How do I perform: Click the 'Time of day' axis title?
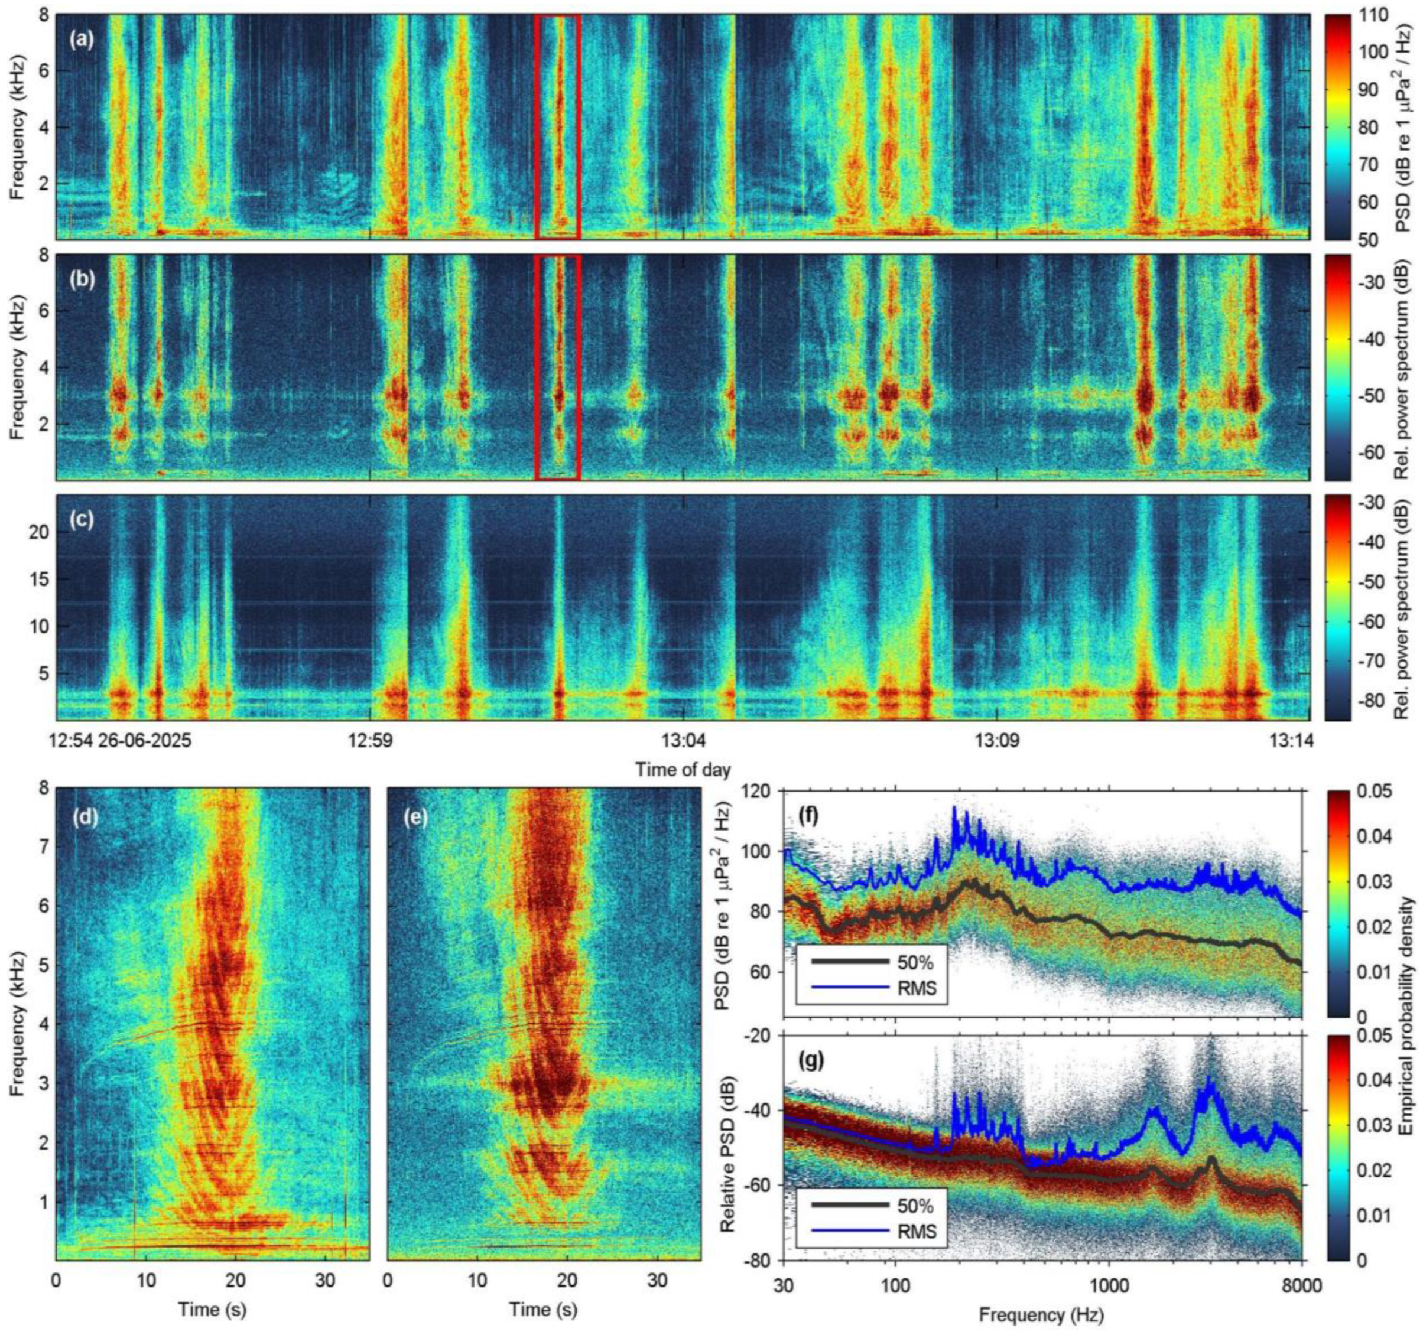(x=683, y=770)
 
